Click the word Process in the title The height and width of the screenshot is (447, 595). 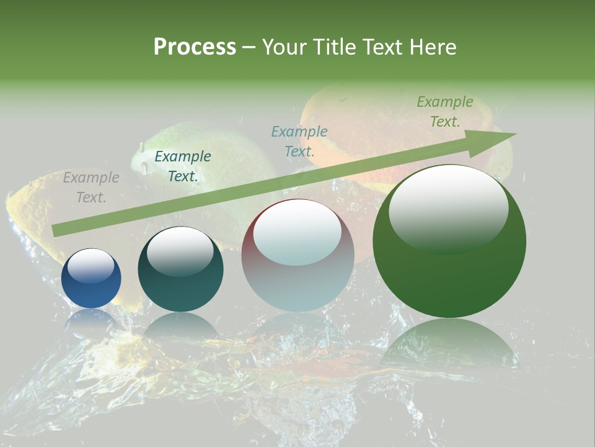195,47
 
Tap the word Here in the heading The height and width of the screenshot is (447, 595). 430,47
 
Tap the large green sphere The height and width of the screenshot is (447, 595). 449,279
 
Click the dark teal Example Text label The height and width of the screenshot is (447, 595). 182,166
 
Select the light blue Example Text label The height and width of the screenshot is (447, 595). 299,141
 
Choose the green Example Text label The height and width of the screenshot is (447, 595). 444,112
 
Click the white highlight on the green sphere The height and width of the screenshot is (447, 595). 448,208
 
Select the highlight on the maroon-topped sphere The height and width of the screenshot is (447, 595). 297,231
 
